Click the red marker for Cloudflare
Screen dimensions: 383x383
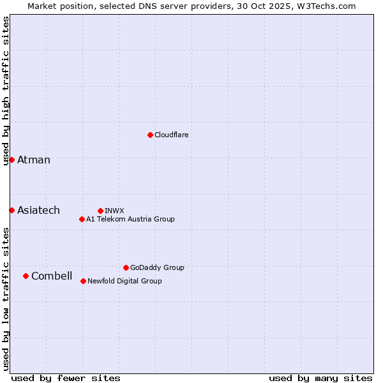click(x=150, y=135)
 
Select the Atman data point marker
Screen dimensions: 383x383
click(x=11, y=160)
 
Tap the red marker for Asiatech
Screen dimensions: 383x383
click(x=11, y=210)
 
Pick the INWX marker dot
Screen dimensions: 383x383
click(x=100, y=211)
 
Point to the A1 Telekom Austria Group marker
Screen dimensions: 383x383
click(x=82, y=219)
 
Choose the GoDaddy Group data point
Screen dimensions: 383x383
click(x=126, y=267)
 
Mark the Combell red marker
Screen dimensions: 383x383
click(x=26, y=276)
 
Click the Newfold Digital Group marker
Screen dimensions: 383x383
click(x=83, y=281)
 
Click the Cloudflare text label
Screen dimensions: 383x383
click(x=171, y=135)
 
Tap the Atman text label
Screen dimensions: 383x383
click(x=34, y=160)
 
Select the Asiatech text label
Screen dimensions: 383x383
click(x=38, y=210)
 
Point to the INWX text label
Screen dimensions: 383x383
click(x=114, y=211)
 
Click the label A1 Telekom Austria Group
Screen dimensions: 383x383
click(x=130, y=219)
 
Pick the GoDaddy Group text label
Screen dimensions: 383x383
click(x=157, y=267)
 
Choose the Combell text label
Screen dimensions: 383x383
click(x=52, y=276)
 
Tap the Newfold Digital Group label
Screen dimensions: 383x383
click(x=124, y=281)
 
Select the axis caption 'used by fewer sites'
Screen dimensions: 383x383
click(x=66, y=378)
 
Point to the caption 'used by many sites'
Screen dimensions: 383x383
click(x=320, y=378)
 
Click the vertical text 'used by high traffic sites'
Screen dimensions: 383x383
click(x=6, y=91)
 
